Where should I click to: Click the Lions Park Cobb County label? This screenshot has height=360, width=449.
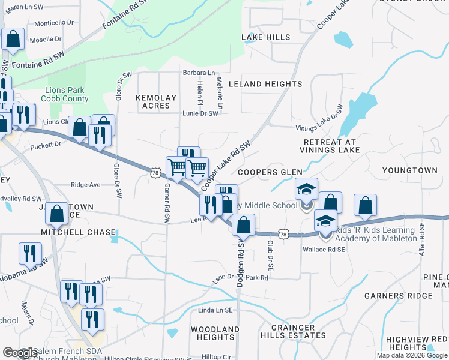pyautogui.click(x=65, y=95)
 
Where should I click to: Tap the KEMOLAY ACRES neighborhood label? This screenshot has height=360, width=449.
pyautogui.click(x=156, y=101)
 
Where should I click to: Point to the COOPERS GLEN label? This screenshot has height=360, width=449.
pyautogui.click(x=270, y=172)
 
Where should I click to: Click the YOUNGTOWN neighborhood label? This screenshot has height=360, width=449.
pyautogui.click(x=411, y=170)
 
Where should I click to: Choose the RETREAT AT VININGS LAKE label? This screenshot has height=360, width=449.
pyautogui.click(x=330, y=146)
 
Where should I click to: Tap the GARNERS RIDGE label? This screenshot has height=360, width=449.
pyautogui.click(x=398, y=296)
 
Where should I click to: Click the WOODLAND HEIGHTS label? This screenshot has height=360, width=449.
pyautogui.click(x=215, y=333)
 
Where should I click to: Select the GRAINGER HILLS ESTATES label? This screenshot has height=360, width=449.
pyautogui.click(x=293, y=331)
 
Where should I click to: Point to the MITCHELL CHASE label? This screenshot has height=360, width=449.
pyautogui.click(x=78, y=232)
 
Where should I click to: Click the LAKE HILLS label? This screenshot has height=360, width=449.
pyautogui.click(x=266, y=37)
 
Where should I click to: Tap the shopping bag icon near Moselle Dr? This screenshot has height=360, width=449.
pyautogui.click(x=12, y=39)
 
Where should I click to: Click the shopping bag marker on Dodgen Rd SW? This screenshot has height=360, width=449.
pyautogui.click(x=243, y=226)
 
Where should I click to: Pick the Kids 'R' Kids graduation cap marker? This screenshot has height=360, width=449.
pyautogui.click(x=325, y=223)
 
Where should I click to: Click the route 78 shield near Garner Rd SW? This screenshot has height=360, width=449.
pyautogui.click(x=155, y=173)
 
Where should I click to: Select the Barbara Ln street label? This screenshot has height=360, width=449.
pyautogui.click(x=199, y=73)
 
